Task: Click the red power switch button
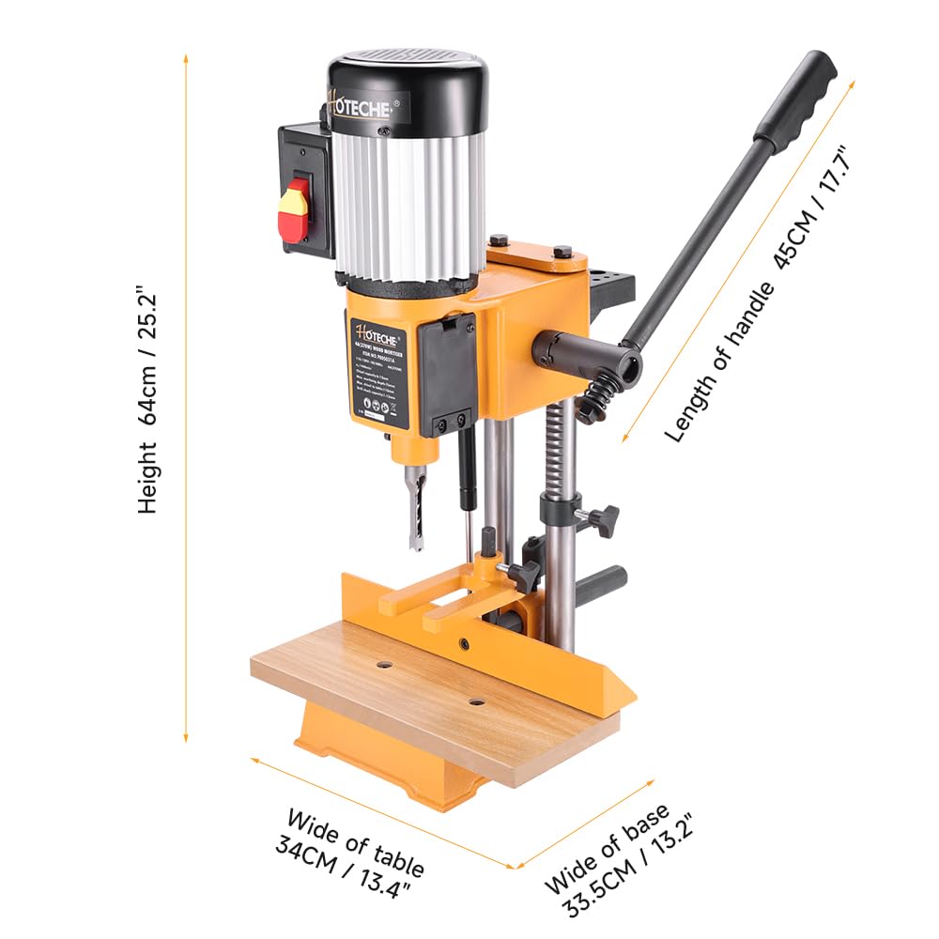pyautogui.click(x=294, y=209)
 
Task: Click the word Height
pyautogui.click(x=148, y=479)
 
